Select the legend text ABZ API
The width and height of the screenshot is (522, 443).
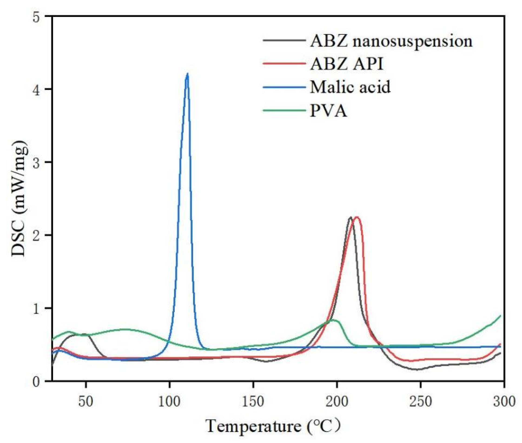click(x=347, y=64)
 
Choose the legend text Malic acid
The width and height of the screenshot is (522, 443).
click(x=350, y=87)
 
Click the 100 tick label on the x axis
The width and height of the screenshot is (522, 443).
click(x=169, y=402)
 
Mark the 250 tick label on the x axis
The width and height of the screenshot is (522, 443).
click(x=420, y=402)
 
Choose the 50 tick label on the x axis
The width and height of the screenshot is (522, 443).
click(x=86, y=402)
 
